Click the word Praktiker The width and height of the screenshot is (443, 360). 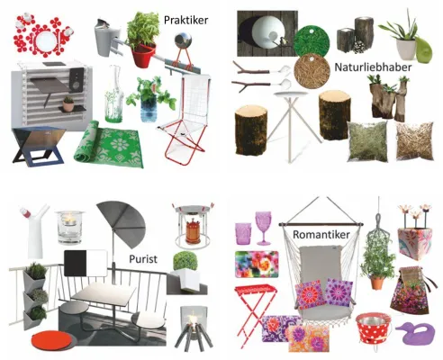pos(185,20)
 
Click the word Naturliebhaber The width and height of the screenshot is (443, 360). pos(373,67)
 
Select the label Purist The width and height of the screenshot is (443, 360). pos(143,259)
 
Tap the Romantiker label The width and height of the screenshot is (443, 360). pos(321,235)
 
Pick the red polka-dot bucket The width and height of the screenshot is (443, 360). pos(374,328)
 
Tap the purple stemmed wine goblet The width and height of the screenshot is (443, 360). pos(263,228)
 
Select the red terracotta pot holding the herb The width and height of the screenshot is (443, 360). pos(144,56)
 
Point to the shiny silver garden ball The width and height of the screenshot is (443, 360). pos(182,40)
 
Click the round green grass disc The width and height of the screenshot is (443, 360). pos(312,40)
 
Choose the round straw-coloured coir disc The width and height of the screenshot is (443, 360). pos(312,71)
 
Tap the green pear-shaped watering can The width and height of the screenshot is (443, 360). pos(423,49)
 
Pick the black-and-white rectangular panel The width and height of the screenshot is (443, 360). pos(86,263)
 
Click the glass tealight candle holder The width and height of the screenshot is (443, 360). pos(70,228)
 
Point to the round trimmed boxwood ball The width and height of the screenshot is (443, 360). pos(185,261)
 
